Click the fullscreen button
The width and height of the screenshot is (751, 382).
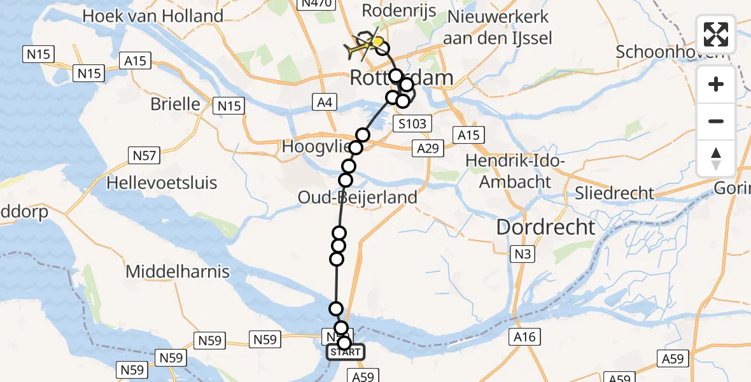point(716,35)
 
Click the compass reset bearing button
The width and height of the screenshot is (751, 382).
point(716,159)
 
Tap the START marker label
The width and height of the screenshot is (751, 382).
point(346,352)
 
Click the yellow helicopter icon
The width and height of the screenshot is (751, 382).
point(363,45)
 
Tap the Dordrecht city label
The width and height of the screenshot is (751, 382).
point(545,227)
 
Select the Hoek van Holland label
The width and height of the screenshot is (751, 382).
point(153,16)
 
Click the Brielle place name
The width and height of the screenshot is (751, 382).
point(175,104)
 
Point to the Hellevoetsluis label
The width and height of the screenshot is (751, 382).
point(162,183)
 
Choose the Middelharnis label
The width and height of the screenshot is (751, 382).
point(178,272)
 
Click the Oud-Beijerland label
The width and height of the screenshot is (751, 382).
point(358,197)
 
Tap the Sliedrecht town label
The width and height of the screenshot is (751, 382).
point(614,193)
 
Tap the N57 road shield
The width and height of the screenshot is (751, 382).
point(143,155)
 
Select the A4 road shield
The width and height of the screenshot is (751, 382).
point(324,101)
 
